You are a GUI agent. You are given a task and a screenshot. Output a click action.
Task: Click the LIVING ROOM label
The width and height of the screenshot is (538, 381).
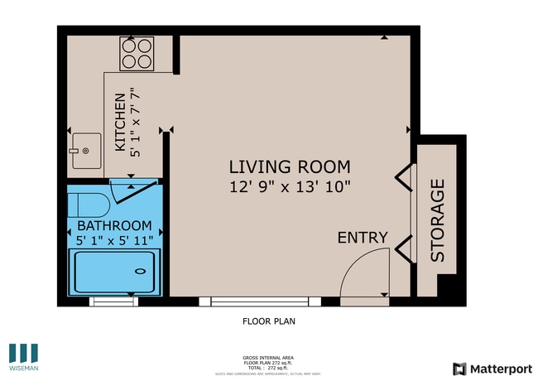click(289, 166)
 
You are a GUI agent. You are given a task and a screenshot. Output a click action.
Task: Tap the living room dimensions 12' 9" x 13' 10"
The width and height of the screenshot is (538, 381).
click(289, 187)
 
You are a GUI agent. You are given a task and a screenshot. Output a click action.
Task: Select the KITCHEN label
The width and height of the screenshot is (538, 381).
click(120, 122)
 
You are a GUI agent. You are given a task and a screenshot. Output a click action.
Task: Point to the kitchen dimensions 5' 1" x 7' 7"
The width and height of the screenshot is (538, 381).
click(135, 122)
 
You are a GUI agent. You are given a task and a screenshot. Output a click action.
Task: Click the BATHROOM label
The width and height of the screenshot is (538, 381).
click(114, 225)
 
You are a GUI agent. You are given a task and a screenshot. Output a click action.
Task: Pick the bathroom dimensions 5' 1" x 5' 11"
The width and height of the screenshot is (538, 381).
click(114, 241)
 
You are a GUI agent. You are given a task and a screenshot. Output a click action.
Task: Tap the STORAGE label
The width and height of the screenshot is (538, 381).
click(437, 220)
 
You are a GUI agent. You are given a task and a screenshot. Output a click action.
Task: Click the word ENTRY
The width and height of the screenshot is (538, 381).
click(363, 238)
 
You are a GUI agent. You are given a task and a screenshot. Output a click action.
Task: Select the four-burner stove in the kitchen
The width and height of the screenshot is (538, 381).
click(137, 54)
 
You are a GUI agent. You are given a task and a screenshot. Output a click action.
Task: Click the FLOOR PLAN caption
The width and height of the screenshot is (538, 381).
click(268, 321)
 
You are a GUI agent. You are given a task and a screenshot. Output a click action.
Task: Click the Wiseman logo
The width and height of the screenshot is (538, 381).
click(23, 357)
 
